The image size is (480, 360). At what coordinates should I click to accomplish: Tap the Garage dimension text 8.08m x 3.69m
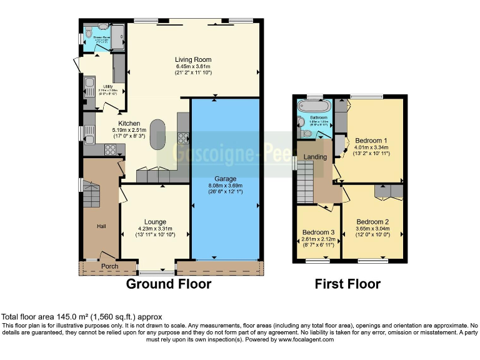224,185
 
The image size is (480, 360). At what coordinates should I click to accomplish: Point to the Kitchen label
129,123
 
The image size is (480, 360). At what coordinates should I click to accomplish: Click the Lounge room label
155,221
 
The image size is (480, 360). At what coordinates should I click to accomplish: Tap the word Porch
110,266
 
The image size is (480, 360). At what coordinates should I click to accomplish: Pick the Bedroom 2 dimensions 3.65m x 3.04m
373,229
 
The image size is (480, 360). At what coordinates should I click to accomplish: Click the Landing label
315,156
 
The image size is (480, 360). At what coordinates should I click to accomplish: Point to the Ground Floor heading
169,284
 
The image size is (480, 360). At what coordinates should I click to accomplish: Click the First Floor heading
347,284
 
